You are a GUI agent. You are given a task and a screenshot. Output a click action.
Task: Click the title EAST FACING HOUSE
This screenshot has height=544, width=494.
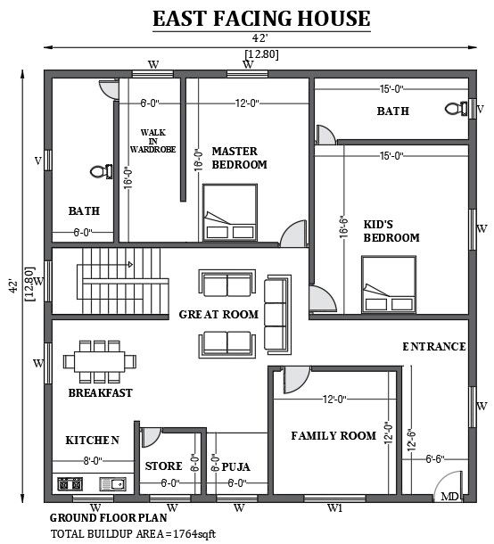(x=249, y=19)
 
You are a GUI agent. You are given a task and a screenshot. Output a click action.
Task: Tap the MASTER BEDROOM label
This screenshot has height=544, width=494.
(x=239, y=158)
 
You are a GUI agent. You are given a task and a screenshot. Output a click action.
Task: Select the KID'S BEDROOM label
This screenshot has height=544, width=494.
(x=391, y=231)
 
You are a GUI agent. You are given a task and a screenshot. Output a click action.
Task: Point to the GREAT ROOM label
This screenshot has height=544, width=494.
(x=218, y=314)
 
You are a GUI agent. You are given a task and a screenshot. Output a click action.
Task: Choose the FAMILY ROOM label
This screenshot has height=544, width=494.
(x=333, y=436)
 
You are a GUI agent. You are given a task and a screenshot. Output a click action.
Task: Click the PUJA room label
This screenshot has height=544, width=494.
(x=235, y=466)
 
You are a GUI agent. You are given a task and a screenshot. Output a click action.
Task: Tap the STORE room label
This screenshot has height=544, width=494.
(x=163, y=466)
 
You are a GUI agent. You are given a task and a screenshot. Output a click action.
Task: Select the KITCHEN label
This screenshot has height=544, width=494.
(x=92, y=441)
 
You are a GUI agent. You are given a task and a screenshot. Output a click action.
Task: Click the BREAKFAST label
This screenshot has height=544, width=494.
(x=100, y=392)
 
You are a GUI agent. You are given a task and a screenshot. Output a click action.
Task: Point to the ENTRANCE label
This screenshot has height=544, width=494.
(x=433, y=346)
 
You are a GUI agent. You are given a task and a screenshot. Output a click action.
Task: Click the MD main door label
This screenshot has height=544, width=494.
(x=449, y=496)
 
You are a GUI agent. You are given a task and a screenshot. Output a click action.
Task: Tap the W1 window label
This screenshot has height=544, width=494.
(x=334, y=508)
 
